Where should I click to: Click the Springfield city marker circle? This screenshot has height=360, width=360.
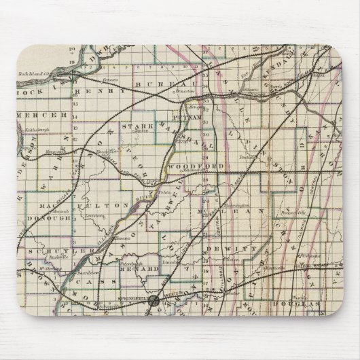click(x=154, y=299)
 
